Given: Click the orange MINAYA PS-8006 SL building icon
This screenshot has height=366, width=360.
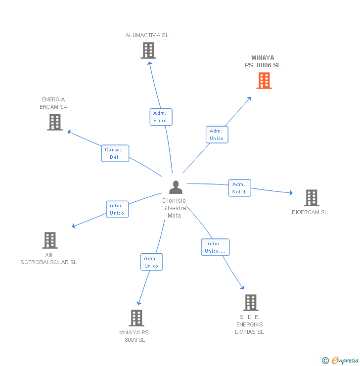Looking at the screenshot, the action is click(264, 81).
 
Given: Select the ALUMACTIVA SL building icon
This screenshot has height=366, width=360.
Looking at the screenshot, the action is click(148, 50).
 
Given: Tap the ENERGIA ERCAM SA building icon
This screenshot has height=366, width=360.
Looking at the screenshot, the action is click(55, 122).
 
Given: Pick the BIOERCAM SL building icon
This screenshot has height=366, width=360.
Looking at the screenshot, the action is click(312, 198).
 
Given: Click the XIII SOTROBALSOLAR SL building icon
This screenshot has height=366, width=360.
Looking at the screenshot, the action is click(50, 240).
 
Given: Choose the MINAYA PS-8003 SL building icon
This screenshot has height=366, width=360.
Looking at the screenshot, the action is click(136, 318).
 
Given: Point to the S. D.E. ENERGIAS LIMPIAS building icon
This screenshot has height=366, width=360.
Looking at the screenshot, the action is click(251, 303).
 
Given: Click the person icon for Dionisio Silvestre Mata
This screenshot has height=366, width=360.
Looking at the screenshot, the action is click(176, 187).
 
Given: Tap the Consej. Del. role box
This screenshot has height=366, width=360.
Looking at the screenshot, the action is click(115, 153).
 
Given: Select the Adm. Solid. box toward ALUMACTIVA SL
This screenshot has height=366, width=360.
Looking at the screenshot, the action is click(161, 117).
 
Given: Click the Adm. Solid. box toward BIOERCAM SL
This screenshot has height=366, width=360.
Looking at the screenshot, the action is click(240, 188).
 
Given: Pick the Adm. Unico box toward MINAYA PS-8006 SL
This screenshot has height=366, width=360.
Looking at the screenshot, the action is click(217, 135).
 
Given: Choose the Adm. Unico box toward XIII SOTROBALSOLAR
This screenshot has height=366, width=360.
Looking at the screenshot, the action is click(117, 209).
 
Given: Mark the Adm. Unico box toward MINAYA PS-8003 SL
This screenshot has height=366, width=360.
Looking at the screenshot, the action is click(152, 262).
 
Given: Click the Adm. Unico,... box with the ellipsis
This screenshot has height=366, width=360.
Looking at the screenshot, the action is click(215, 247).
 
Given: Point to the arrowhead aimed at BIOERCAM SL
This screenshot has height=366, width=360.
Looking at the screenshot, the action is click(291, 193).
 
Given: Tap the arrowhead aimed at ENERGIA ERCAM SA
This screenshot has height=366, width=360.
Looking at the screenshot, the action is click(69, 132).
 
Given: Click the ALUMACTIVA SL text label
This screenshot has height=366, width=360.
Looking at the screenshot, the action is click(147, 35).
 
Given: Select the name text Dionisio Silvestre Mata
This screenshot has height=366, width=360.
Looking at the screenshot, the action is click(174, 208).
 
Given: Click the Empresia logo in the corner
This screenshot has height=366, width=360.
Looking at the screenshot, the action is click(340, 361).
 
